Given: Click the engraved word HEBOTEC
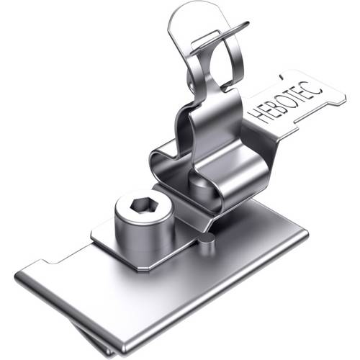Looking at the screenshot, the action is [286, 104].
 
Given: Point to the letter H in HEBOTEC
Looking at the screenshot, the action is [258, 116].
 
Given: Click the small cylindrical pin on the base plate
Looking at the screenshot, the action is [207, 243].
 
